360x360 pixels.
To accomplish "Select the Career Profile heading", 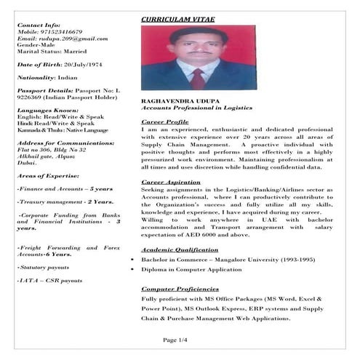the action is point(165,121).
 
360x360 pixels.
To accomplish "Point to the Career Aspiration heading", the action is point(169,181).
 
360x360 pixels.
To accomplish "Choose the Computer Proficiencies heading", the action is point(180,289).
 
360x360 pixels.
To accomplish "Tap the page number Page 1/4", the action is point(175,340).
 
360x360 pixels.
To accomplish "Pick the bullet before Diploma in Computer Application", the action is point(132,269).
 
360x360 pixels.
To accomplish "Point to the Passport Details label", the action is point(44,90).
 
